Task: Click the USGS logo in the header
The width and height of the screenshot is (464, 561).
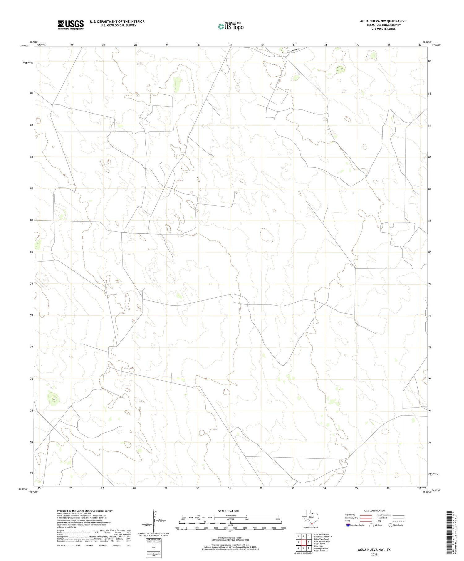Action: click(71, 25)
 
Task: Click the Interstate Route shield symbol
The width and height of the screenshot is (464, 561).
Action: click(348, 525)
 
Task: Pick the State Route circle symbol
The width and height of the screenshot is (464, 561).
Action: click(390, 525)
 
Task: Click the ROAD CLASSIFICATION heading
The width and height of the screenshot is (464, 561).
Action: click(374, 511)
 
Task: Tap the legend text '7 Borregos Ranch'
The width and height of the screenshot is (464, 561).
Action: click(321, 549)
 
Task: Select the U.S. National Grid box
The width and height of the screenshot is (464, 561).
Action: click(153, 548)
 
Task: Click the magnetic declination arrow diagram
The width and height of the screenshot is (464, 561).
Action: click(154, 520)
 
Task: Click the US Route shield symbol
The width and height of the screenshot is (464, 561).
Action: click(372, 525)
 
